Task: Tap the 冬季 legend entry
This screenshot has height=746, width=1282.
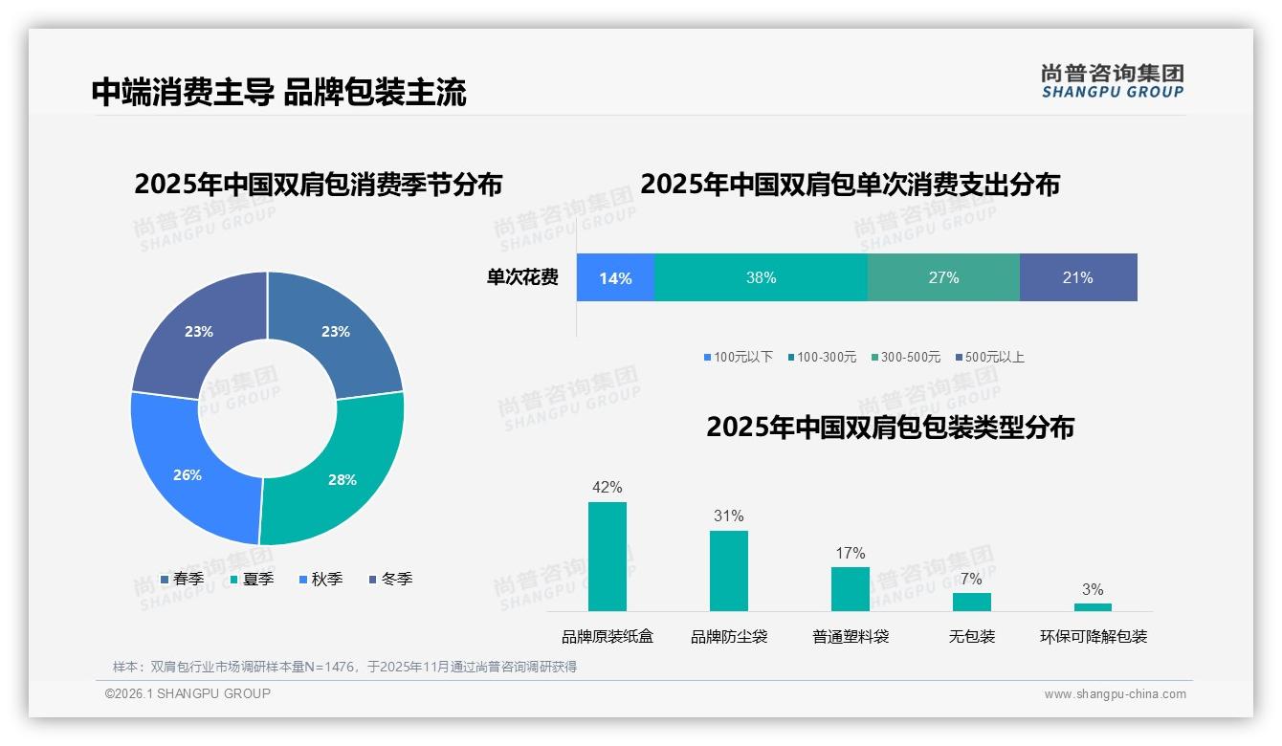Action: (x=390, y=579)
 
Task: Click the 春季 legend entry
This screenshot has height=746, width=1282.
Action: (x=182, y=579)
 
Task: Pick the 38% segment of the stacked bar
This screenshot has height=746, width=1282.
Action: (x=761, y=277)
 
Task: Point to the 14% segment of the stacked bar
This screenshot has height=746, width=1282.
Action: (x=615, y=277)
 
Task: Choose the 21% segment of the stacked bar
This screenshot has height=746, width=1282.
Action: (x=1078, y=277)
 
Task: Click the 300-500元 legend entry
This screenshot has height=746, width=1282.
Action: (x=905, y=357)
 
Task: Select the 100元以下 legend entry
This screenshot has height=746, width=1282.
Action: (x=738, y=357)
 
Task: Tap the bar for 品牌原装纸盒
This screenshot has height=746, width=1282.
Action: (x=608, y=557)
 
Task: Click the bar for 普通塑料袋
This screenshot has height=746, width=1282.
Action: (x=851, y=588)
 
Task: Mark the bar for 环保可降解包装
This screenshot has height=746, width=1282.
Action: (x=1093, y=606)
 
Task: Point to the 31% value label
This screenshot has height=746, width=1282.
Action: (x=728, y=516)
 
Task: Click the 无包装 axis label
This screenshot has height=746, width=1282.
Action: (x=972, y=636)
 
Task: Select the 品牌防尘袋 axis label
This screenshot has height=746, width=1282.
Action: (x=729, y=636)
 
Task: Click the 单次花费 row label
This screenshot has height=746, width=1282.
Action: (x=522, y=277)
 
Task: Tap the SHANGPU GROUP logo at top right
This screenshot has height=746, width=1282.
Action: (x=1112, y=81)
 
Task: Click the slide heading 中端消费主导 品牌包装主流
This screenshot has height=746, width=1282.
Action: (x=278, y=93)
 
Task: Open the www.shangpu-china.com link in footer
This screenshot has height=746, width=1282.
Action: (x=1115, y=694)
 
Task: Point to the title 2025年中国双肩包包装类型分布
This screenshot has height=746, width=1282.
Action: (x=890, y=427)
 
